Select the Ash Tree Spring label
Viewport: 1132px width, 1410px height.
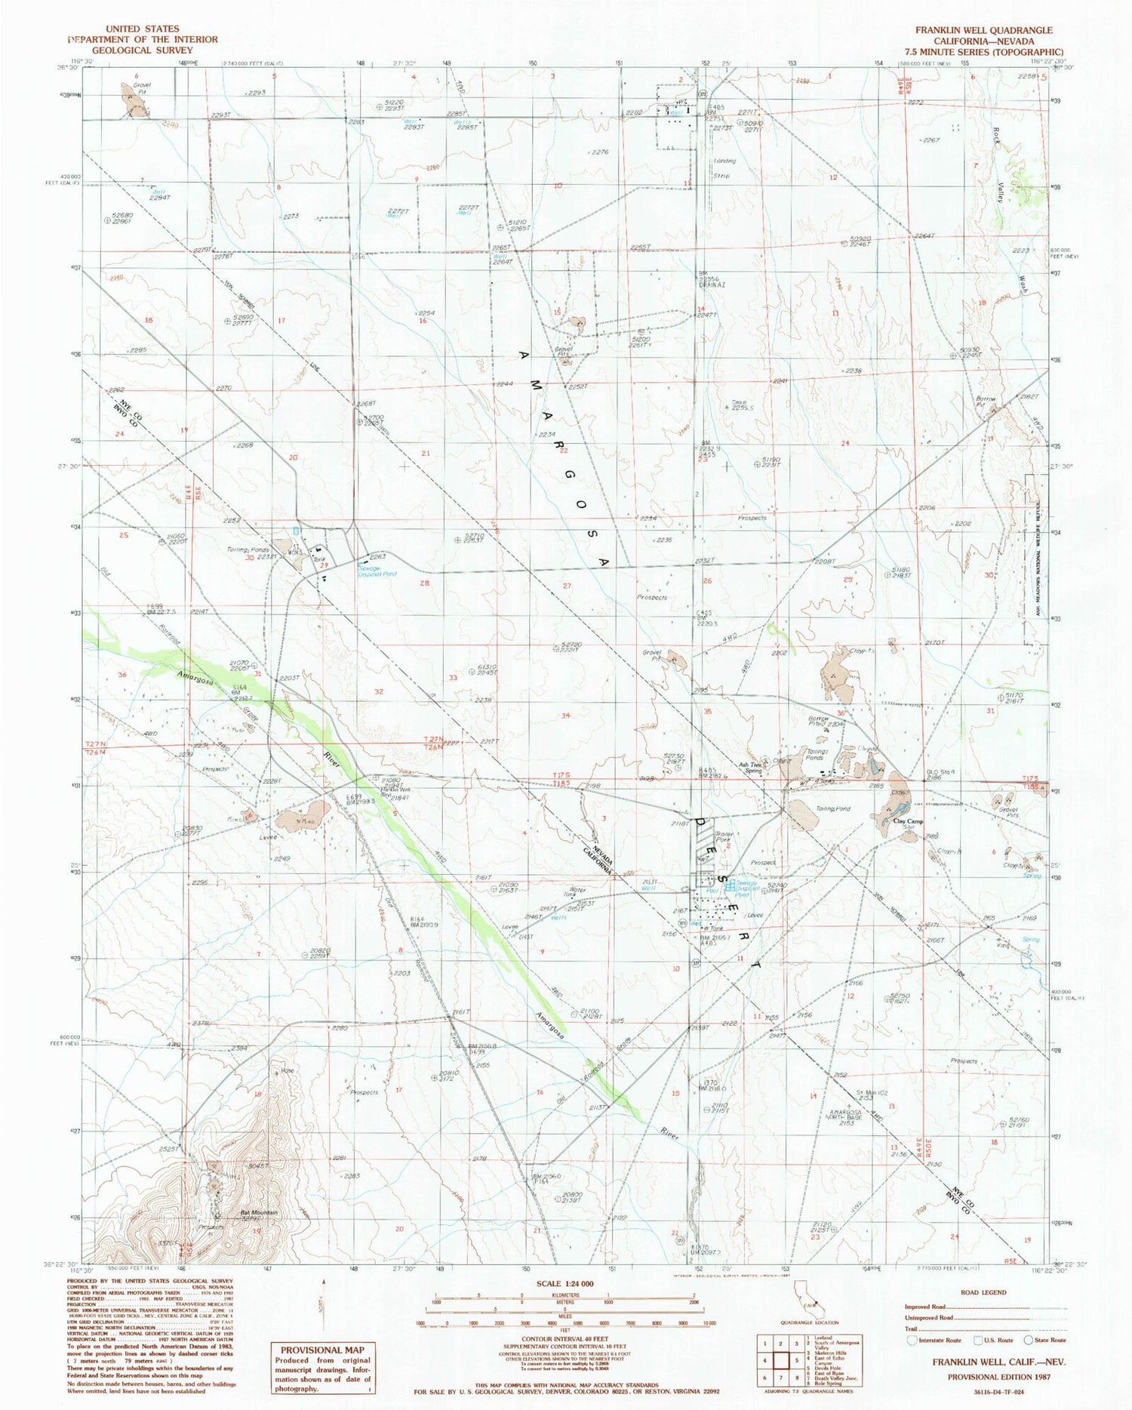(752, 767)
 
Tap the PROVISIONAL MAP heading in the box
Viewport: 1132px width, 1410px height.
(322, 1350)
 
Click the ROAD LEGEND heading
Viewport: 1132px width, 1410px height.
(983, 1291)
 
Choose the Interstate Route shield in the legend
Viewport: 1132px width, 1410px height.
(913, 1340)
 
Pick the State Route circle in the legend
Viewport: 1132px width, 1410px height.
(1028, 1340)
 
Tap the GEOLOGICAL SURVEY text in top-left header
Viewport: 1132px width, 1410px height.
(143, 51)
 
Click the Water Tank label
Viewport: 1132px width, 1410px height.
(579, 892)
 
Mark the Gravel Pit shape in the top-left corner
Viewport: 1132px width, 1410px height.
(134, 100)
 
